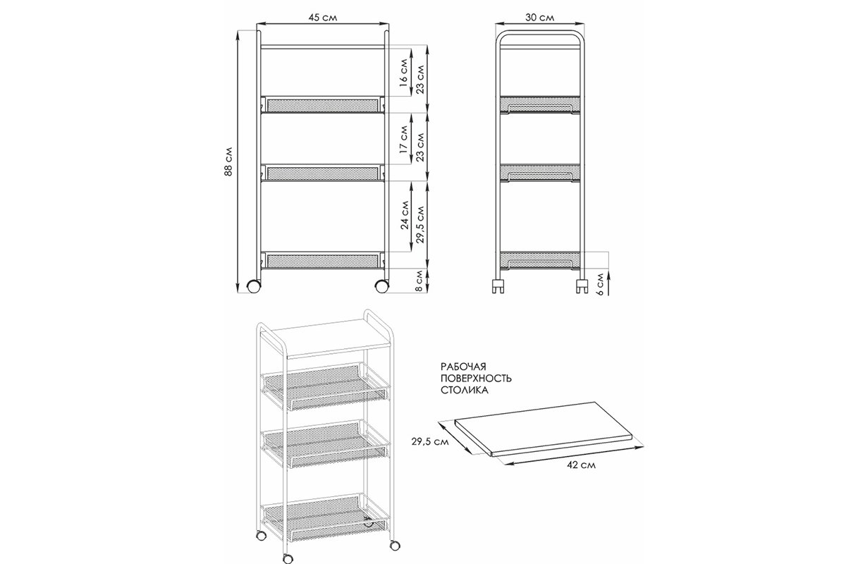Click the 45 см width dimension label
tap(323, 18)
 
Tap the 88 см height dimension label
tap(228, 161)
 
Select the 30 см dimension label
tap(540, 18)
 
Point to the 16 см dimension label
tap(403, 73)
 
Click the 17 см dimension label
tap(403, 140)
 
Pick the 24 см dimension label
tap(405, 215)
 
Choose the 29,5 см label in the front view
tap(421, 224)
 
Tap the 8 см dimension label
tap(419, 281)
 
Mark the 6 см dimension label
tap(601, 284)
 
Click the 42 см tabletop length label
tap(581, 465)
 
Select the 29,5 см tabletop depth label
tap(430, 441)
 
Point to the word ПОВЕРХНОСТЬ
tap(477, 378)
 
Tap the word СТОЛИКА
tap(465, 390)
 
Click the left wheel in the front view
tap(253, 286)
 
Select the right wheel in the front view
tap(382, 286)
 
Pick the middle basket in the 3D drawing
tap(326, 443)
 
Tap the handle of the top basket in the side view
tap(540, 109)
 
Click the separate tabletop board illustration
tap(544, 429)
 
